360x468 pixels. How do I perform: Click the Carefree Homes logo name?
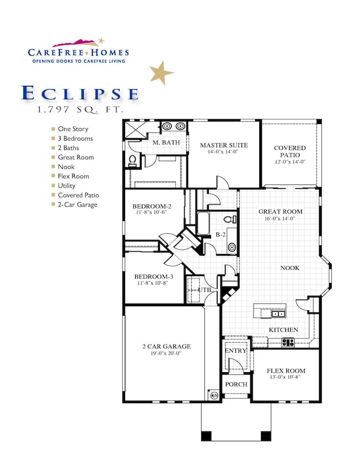click(x=78, y=52)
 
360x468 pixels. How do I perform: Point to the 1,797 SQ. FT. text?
click(x=80, y=110)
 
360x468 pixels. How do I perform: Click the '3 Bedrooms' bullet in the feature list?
click(x=75, y=138)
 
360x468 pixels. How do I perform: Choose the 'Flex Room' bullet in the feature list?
click(x=73, y=176)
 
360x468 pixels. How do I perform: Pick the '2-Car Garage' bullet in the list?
click(x=78, y=204)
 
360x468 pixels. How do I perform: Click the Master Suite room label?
click(x=224, y=145)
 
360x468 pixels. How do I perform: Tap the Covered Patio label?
click(x=290, y=148)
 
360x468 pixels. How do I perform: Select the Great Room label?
click(x=281, y=212)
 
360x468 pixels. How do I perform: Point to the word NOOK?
click(x=290, y=268)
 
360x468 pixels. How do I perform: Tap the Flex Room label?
click(x=286, y=371)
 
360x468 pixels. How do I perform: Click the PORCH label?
click(x=235, y=384)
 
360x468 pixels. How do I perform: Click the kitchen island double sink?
click(x=279, y=314)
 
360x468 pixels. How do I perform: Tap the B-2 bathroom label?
click(x=220, y=234)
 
